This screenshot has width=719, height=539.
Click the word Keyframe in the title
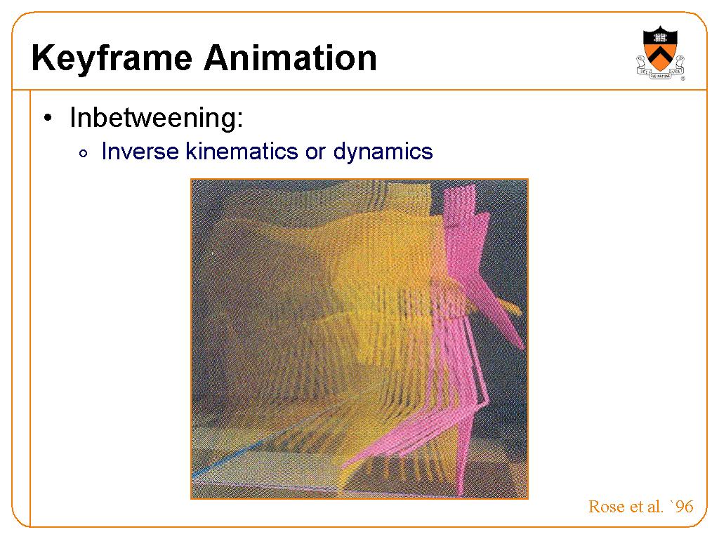pos(112,59)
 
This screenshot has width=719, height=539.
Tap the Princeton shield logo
pos(660,53)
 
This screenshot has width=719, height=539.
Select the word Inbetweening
pos(157,118)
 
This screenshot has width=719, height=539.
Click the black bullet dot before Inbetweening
pos(48,118)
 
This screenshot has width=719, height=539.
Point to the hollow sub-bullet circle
pos(83,154)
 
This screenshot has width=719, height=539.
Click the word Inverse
pos(140,152)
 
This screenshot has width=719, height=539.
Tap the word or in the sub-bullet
pos(315,152)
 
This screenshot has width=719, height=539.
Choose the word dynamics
pos(383,152)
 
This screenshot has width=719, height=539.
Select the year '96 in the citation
pos(681,506)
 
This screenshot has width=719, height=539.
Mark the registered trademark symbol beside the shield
pos(682,79)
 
